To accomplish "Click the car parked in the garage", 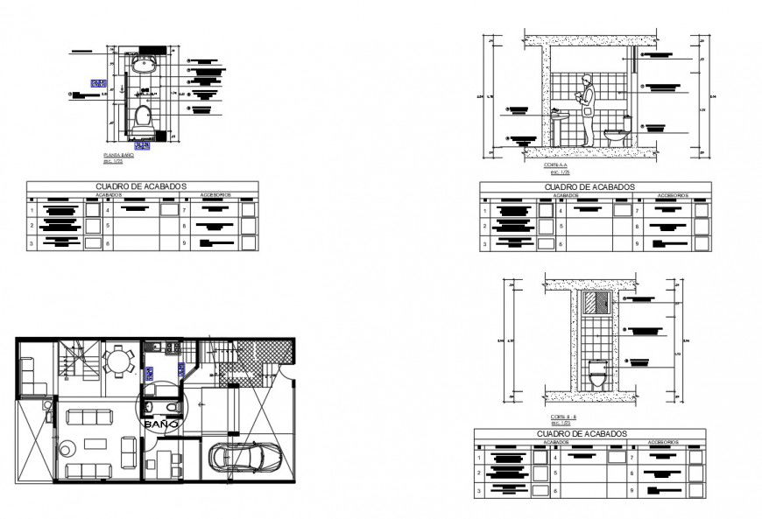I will tap(245, 456).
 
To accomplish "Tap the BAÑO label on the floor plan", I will tap(161, 424).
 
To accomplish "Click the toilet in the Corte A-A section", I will tap(617, 135).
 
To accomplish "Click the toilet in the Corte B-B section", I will tap(597, 375).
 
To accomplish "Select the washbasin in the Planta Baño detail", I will tap(142, 67).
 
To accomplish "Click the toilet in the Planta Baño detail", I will tap(143, 117).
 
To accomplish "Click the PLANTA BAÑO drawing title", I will tap(118, 155).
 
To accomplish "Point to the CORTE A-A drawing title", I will tap(554, 165).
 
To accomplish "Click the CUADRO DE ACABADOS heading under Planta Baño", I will tap(141, 186).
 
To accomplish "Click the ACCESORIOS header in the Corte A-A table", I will tap(672, 195).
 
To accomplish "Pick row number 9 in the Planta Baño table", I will tap(185, 243).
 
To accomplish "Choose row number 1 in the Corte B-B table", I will tap(479, 458).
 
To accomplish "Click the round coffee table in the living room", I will tap(67, 450).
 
